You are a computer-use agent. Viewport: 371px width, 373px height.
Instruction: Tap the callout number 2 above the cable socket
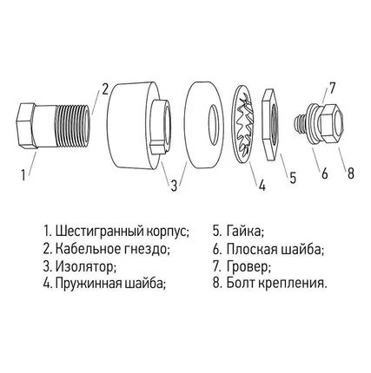104,88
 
